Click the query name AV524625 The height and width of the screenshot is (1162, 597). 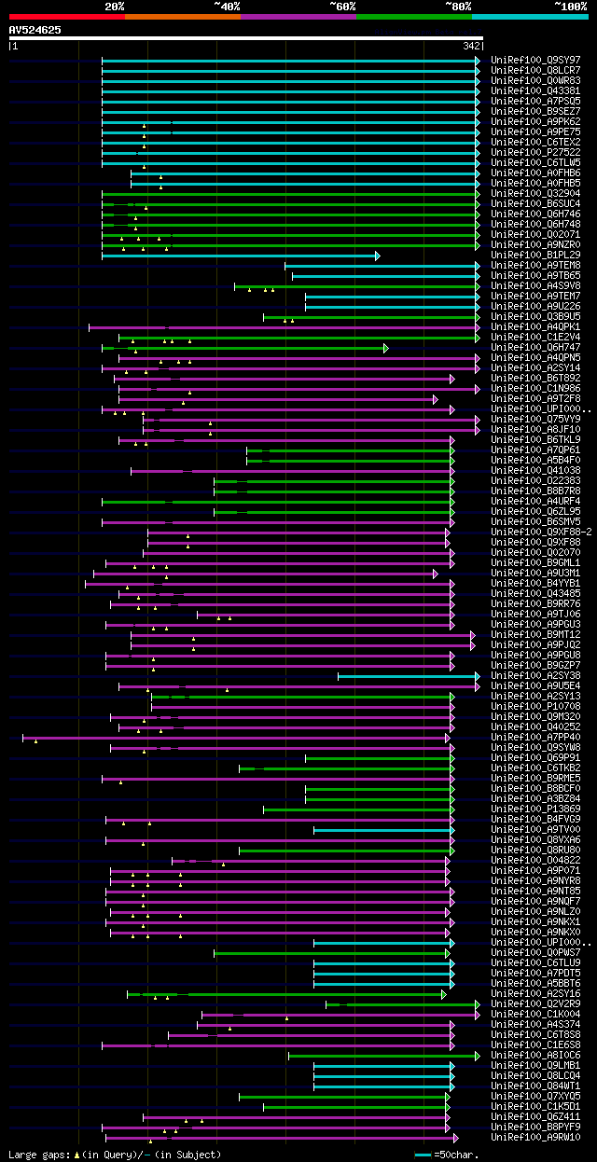click(x=35, y=30)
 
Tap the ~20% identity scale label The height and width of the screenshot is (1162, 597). click(x=115, y=7)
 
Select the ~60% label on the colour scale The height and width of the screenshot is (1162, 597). click(x=342, y=7)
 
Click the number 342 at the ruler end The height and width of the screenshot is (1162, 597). click(x=472, y=46)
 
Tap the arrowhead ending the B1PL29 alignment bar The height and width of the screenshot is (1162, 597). click(x=378, y=256)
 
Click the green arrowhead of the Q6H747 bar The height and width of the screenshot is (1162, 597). click(x=385, y=348)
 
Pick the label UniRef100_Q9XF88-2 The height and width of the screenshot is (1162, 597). click(x=540, y=532)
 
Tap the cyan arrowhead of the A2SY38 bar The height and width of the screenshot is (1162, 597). click(x=478, y=676)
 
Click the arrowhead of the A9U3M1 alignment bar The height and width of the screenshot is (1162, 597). click(x=436, y=574)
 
